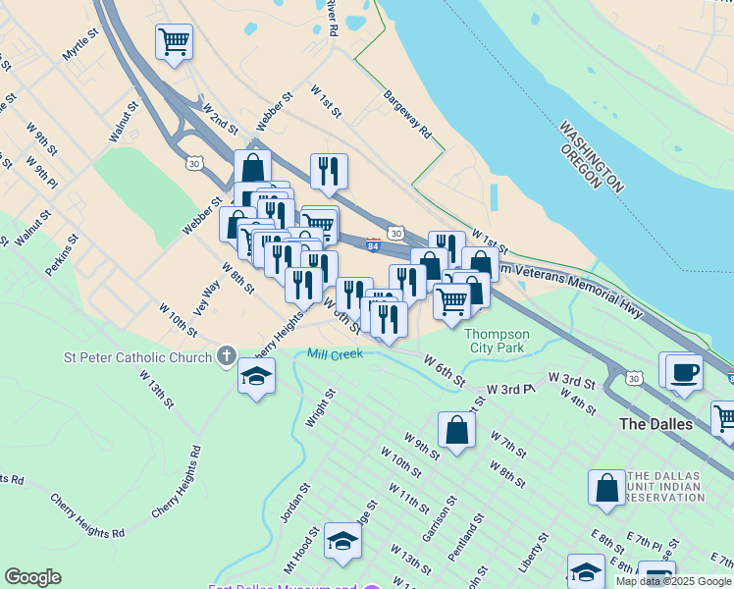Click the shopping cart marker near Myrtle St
click(x=174, y=42)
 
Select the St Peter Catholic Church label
click(x=137, y=356)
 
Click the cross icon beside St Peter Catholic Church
click(x=227, y=355)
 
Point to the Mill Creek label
click(x=335, y=353)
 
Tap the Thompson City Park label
click(x=497, y=341)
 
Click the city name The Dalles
click(x=656, y=424)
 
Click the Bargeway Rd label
click(x=407, y=114)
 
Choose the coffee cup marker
click(x=684, y=372)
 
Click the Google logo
click(x=32, y=577)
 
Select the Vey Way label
click(x=208, y=292)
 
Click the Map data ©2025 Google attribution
click(x=673, y=581)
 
